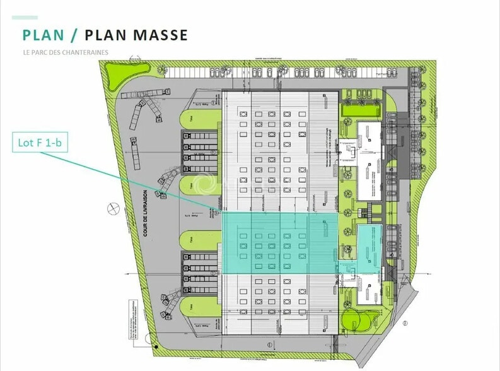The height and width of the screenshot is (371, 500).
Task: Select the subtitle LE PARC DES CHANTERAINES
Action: pos(65,52)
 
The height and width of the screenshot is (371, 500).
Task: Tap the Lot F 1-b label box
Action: pos(40,143)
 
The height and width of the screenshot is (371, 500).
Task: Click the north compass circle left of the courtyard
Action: pos(113,206)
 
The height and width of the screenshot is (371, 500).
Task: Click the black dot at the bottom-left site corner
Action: pos(154,345)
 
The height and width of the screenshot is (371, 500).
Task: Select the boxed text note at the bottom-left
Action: pos(133,316)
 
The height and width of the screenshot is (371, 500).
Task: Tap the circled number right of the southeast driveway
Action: pos(406,322)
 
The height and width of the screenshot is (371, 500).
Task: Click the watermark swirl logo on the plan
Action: pos(204,184)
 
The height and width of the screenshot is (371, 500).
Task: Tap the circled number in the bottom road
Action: pos(269,344)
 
